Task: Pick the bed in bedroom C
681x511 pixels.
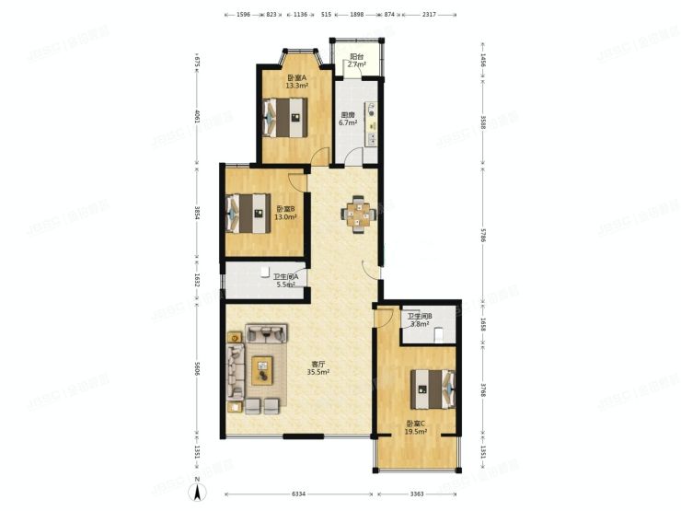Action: (x=433, y=387)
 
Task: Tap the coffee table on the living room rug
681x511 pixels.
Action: (x=262, y=370)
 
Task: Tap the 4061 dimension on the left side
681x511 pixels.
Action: (x=196, y=117)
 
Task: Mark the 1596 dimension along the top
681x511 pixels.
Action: (x=242, y=15)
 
